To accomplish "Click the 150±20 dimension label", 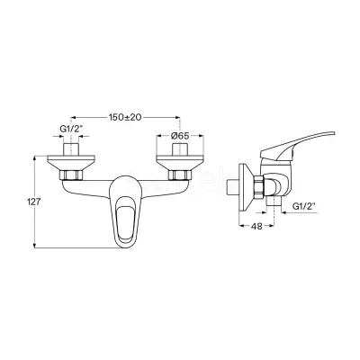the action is (124, 117).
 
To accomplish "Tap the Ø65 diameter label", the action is (180, 136).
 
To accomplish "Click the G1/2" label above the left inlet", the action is (71, 130).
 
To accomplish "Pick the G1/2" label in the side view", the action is (303, 206).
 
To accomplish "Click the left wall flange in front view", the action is (71, 163).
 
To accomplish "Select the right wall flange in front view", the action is (179, 163).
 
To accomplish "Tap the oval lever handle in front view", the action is (124, 211).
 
